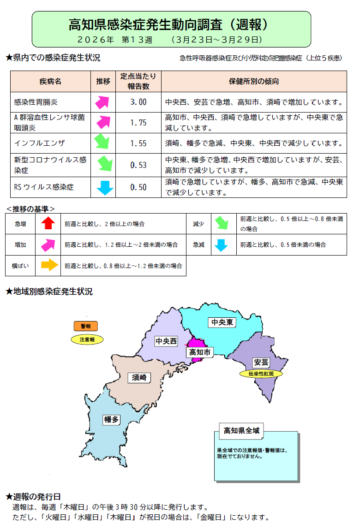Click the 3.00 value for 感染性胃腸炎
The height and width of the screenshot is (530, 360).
pos(138,102)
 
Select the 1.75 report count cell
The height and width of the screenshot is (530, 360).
pos(138,122)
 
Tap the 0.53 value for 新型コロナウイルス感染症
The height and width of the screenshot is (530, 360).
pos(138,165)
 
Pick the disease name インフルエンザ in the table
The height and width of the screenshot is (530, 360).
pos(40,143)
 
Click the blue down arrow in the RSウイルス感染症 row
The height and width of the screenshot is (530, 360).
pos(105,187)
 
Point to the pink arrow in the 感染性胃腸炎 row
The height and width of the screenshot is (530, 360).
pos(103,101)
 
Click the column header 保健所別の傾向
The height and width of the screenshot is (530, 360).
pos(254,82)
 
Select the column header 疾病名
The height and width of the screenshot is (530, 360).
pos(50,82)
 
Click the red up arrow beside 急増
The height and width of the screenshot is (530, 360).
pos(48,224)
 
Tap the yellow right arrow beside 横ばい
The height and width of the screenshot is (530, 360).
pos(48,265)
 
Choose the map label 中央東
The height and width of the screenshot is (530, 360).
pos(222,322)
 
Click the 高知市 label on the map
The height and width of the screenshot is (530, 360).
pos(200,352)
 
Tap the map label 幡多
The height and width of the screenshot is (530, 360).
pos(112,419)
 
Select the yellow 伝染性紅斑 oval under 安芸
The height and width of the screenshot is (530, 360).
pos(261,374)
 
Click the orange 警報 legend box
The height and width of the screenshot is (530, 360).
pos(86,326)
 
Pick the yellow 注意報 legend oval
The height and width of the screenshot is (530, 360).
pos(87,339)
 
